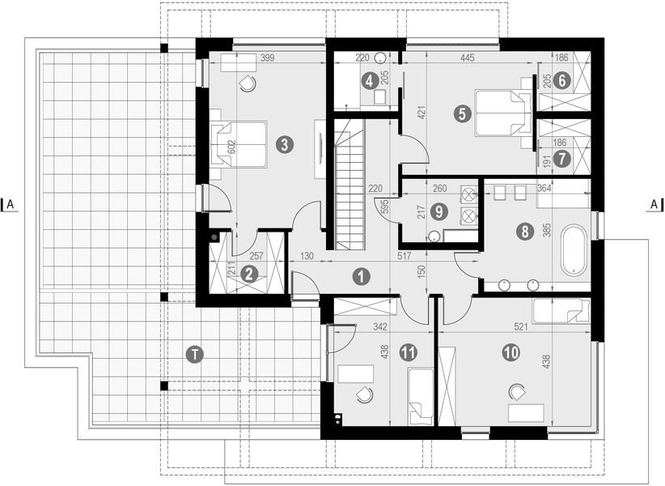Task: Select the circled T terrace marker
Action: (193, 353)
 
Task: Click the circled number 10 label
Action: (510, 352)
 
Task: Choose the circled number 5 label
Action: (460, 114)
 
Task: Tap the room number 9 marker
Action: (438, 212)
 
